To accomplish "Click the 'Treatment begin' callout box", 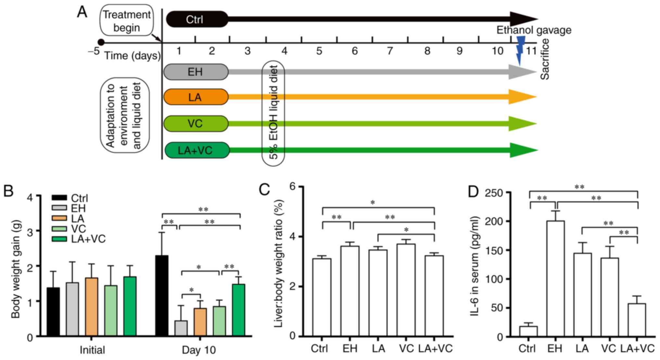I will (x=127, y=21).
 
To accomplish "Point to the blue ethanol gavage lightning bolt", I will (x=520, y=50).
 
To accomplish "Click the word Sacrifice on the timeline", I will (x=545, y=59).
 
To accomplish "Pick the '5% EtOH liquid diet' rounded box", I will (x=273, y=113).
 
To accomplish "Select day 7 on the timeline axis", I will (x=389, y=51).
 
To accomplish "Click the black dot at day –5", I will (x=101, y=42).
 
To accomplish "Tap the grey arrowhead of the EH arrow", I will (x=521, y=72).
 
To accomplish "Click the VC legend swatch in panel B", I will (x=59, y=229).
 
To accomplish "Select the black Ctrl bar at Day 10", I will (x=162, y=296).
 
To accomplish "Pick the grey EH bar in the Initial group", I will (x=72, y=309).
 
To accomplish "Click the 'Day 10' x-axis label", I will (x=198, y=350).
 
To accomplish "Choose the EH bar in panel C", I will (x=350, y=291).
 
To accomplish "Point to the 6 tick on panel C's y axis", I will (x=293, y=186).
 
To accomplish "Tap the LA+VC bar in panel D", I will (x=637, y=320).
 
